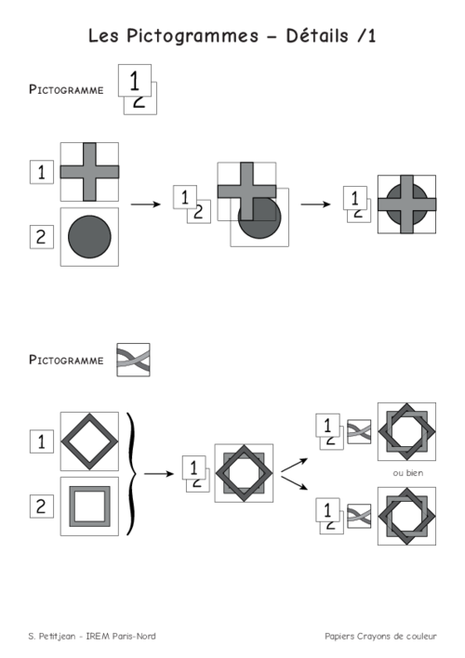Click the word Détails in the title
[317, 35]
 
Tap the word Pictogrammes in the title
[193, 37]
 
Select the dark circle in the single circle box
[89, 237]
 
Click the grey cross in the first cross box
[89, 172]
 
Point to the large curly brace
[132, 474]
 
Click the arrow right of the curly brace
[159, 474]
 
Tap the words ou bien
[408, 473]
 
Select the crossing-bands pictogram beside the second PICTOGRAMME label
[133, 360]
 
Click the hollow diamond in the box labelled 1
[89, 441]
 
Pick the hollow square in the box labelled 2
[89, 486]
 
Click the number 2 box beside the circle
[42, 237]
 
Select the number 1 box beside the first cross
[42, 172]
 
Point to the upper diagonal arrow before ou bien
[294, 466]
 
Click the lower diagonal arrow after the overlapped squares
[294, 482]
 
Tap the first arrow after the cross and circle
[146, 204]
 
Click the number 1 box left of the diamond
[42, 441]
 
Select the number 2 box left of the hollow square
[42, 507]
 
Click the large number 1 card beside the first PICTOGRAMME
[135, 80]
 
